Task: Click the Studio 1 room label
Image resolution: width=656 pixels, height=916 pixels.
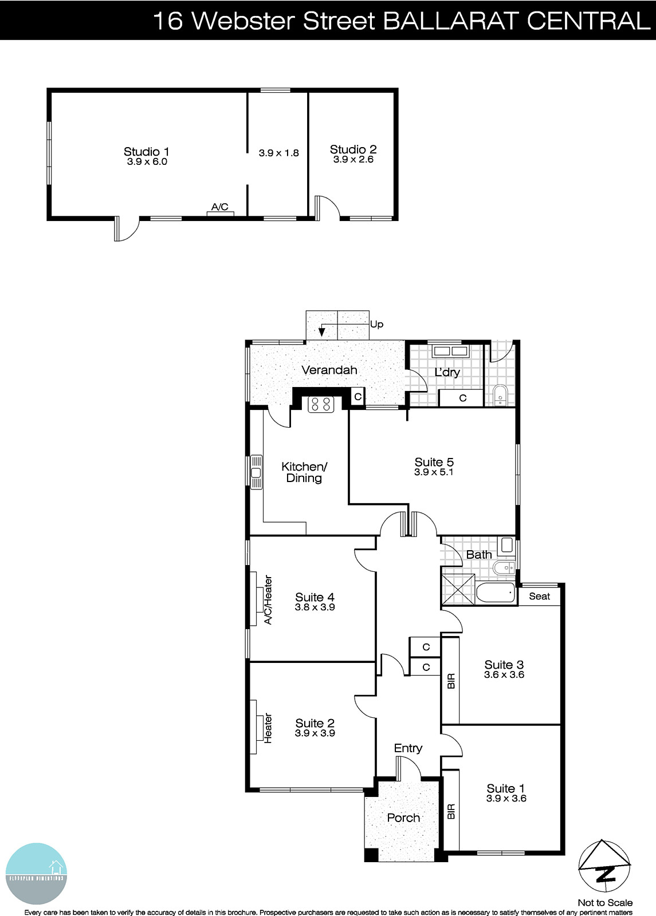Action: click(x=147, y=152)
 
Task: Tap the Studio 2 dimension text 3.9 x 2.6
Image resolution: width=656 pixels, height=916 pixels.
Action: click(x=353, y=160)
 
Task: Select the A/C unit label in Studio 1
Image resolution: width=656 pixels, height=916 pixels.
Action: click(x=220, y=207)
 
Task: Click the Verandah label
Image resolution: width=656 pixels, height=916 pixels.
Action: click(x=329, y=370)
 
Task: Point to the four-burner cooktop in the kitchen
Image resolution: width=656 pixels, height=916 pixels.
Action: click(x=320, y=404)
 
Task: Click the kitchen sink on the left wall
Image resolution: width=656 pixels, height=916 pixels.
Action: click(x=256, y=472)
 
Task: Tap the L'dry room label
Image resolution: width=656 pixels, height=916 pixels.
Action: click(x=447, y=372)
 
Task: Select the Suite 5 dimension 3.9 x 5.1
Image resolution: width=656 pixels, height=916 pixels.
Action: click(x=434, y=472)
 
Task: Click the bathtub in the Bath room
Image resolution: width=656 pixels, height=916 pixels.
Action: click(x=496, y=593)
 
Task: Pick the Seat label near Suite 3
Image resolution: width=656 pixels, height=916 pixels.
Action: click(x=539, y=596)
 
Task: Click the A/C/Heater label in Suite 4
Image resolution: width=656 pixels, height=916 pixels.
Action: click(x=268, y=599)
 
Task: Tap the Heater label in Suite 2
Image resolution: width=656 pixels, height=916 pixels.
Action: click(x=268, y=728)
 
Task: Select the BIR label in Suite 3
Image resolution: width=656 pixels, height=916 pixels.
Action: click(x=450, y=681)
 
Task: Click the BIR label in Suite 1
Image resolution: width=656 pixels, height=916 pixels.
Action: click(x=450, y=811)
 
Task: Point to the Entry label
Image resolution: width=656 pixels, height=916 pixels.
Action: click(x=408, y=748)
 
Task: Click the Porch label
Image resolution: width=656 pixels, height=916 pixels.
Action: click(x=403, y=818)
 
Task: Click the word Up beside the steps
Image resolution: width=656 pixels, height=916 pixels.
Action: click(x=376, y=325)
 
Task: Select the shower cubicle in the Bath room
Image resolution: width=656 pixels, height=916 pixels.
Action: click(x=459, y=589)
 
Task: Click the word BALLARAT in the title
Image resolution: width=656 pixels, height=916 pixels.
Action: click(x=450, y=21)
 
